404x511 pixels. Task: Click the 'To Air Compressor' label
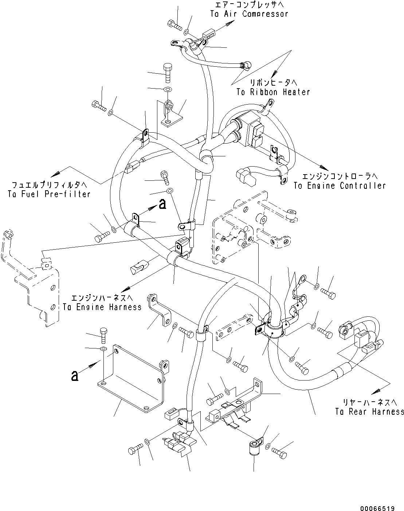[x=249, y=14]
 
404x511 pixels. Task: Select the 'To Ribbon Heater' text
[x=273, y=92]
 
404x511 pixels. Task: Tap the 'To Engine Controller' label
[x=340, y=186]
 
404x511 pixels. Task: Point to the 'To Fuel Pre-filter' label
[x=49, y=194]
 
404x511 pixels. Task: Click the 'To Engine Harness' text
[x=102, y=307]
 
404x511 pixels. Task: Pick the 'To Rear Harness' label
[x=369, y=411]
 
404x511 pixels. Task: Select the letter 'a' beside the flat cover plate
[x=75, y=376]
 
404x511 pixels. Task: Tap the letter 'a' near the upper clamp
[x=162, y=204]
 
